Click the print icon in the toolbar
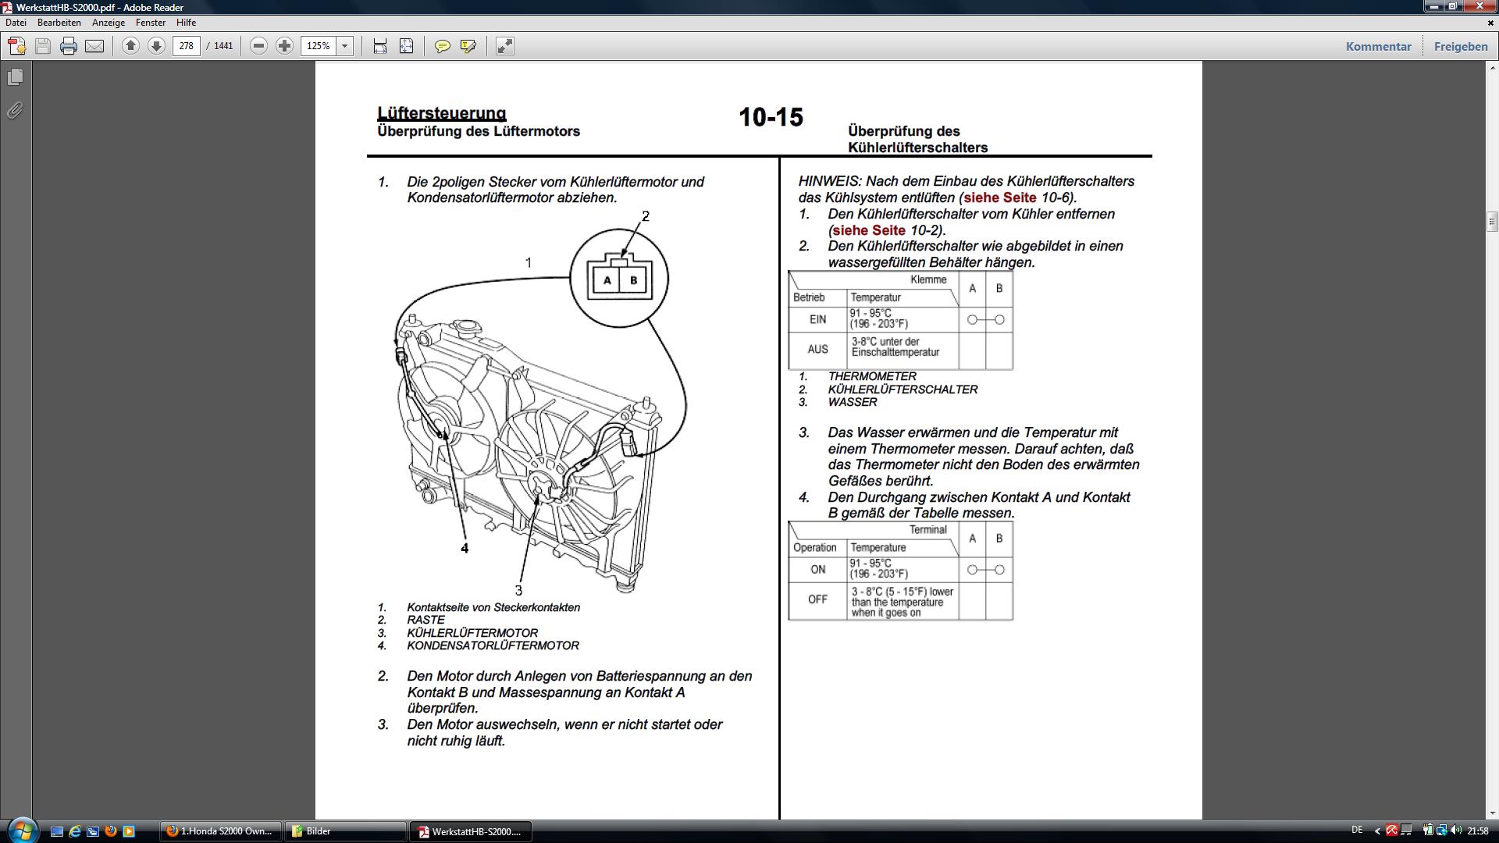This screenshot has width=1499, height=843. pyautogui.click(x=69, y=46)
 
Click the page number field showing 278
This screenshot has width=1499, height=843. pyautogui.click(x=187, y=46)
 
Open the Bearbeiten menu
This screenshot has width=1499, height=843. pyautogui.click(x=59, y=23)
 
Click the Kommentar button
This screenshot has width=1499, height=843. pyautogui.click(x=1378, y=46)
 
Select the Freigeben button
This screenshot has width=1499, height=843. pyautogui.click(x=1461, y=46)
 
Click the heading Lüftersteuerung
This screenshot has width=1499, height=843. pyautogui.click(x=442, y=113)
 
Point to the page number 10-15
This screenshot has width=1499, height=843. pyautogui.click(x=771, y=117)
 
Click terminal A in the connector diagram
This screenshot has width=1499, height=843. pyautogui.click(x=607, y=279)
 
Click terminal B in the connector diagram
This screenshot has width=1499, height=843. pyautogui.click(x=633, y=279)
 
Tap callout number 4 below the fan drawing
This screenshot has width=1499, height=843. pyautogui.click(x=465, y=548)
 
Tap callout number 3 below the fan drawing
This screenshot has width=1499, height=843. pyautogui.click(x=518, y=591)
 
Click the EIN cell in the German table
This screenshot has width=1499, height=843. pyautogui.click(x=817, y=319)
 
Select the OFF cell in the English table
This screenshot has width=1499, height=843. pyautogui.click(x=817, y=599)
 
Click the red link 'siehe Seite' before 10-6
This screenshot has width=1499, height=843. pyautogui.click(x=1000, y=197)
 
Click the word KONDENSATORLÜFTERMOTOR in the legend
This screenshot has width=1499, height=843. pyautogui.click(x=493, y=646)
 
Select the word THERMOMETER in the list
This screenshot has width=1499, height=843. pyautogui.click(x=872, y=376)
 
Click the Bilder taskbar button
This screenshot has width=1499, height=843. pyautogui.click(x=345, y=831)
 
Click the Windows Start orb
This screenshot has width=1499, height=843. pyautogui.click(x=21, y=830)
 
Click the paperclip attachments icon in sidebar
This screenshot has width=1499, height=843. pyautogui.click(x=15, y=110)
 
